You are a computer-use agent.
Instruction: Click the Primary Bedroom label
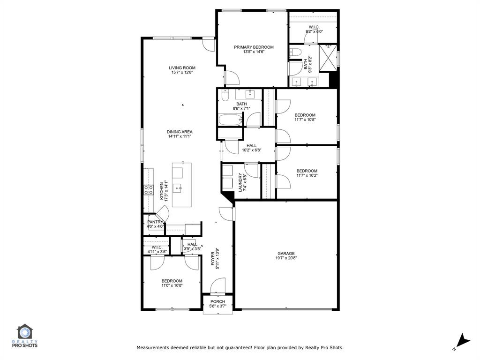coord(254,47)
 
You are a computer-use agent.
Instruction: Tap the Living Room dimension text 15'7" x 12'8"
coord(182,73)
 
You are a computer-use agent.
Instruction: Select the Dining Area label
coord(180,132)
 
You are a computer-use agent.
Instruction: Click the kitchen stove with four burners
coord(149,189)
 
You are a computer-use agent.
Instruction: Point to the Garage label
coord(285,254)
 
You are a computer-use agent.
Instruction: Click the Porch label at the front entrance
coord(217,301)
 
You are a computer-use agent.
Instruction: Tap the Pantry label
coord(155,222)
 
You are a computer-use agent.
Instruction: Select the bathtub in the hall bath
coord(230,120)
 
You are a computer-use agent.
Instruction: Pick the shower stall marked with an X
coord(328,58)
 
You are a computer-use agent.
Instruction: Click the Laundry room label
coord(240,182)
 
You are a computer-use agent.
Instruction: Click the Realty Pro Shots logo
coord(27,336)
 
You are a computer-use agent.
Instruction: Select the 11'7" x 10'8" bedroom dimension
coord(305,120)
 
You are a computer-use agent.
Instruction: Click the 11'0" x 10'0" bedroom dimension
coord(172,285)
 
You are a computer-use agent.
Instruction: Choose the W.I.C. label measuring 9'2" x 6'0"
coord(314,31)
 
